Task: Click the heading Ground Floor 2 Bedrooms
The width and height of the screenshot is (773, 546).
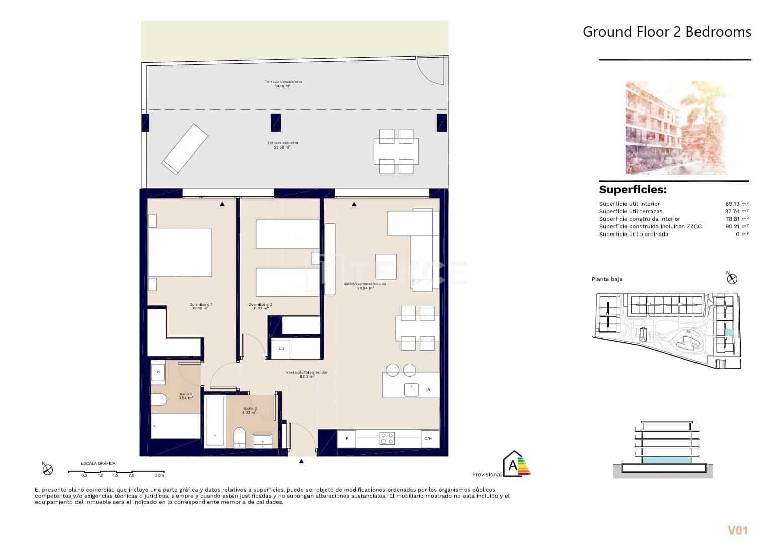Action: point(666,32)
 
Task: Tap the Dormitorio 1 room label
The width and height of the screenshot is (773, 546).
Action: point(201,306)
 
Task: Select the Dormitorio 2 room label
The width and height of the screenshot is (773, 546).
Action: point(260,306)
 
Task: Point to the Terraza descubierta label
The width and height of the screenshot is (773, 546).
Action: point(283,83)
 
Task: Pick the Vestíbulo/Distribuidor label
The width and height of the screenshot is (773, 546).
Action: point(306,374)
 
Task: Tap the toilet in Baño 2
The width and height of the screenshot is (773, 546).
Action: point(240,436)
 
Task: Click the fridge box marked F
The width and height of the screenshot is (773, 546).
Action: point(346,439)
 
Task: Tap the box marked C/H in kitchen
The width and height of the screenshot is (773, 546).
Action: point(429,439)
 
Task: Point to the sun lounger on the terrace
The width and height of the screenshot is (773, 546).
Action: point(185,149)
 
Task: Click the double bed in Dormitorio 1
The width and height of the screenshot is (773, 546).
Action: point(180,253)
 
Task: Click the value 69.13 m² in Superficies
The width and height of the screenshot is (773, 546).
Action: point(735,204)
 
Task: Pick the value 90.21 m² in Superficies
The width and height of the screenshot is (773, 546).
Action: point(735,226)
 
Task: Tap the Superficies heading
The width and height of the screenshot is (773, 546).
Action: point(633,190)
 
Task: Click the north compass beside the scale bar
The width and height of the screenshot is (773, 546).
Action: point(48,469)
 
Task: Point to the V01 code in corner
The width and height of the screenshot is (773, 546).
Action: point(738,530)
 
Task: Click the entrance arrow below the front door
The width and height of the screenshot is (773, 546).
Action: point(301,461)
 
